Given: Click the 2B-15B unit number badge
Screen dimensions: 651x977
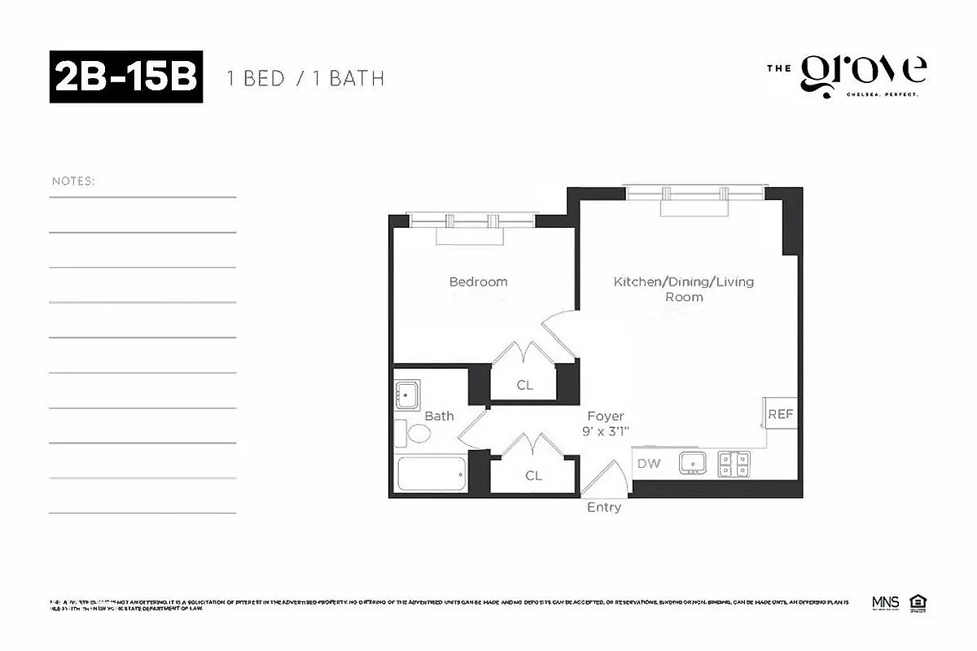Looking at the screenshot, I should pos(126,78).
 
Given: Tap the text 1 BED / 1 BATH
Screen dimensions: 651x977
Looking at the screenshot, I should pos(304,79).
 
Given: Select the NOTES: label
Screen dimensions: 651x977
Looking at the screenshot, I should pos(73,181).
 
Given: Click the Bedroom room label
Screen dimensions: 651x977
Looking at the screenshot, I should pos(478,282).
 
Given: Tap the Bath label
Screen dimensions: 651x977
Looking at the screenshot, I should pos(439,416).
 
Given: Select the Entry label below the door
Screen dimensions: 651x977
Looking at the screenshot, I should pos(604,507).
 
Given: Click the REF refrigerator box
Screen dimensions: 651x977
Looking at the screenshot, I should pos(780,414).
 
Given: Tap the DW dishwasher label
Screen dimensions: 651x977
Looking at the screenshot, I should pos(649,464).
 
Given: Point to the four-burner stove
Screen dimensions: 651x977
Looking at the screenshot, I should pos(734,464).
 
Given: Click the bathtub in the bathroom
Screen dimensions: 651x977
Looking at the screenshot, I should pos(431,474).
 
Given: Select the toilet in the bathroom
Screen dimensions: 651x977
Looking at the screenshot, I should pos(414,433).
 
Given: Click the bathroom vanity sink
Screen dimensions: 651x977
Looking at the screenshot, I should pos(407,395).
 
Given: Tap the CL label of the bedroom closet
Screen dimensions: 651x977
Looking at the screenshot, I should pos(525,385).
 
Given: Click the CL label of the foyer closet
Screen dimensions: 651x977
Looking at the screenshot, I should pos(533,475).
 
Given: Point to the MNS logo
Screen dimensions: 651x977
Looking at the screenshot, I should pos(885,603).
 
